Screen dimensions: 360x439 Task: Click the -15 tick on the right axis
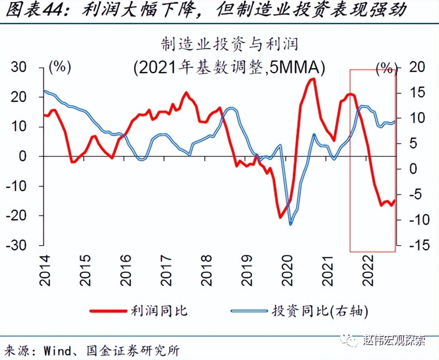414,245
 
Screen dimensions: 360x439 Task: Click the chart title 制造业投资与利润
229,44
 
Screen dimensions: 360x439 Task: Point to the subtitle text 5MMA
294,68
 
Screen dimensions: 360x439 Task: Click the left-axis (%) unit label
59,67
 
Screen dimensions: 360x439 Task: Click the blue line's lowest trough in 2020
290,224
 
